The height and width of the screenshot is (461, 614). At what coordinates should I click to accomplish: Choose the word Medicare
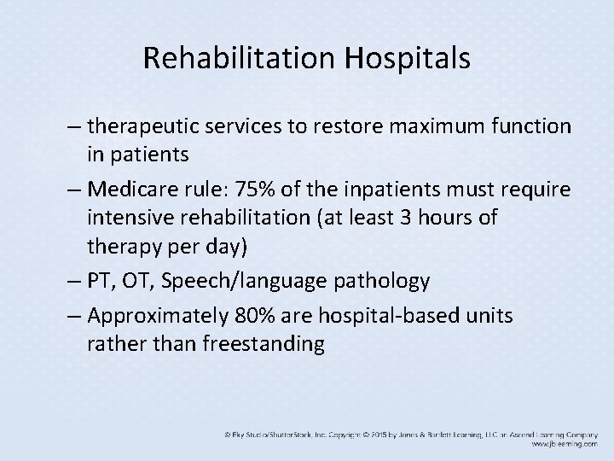click(129, 189)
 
